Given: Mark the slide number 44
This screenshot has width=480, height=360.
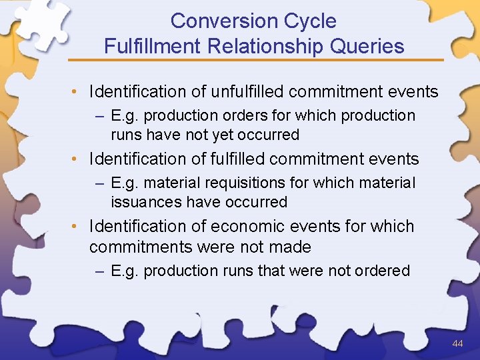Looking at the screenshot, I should (457, 343).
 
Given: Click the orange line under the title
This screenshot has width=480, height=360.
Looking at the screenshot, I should (267, 60).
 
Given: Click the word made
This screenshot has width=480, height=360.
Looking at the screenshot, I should (291, 247).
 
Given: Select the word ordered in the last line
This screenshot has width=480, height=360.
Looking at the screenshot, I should (383, 271).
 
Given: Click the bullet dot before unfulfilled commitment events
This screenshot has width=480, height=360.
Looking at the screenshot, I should (77, 92).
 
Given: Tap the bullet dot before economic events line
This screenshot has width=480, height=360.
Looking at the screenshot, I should (77, 227).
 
